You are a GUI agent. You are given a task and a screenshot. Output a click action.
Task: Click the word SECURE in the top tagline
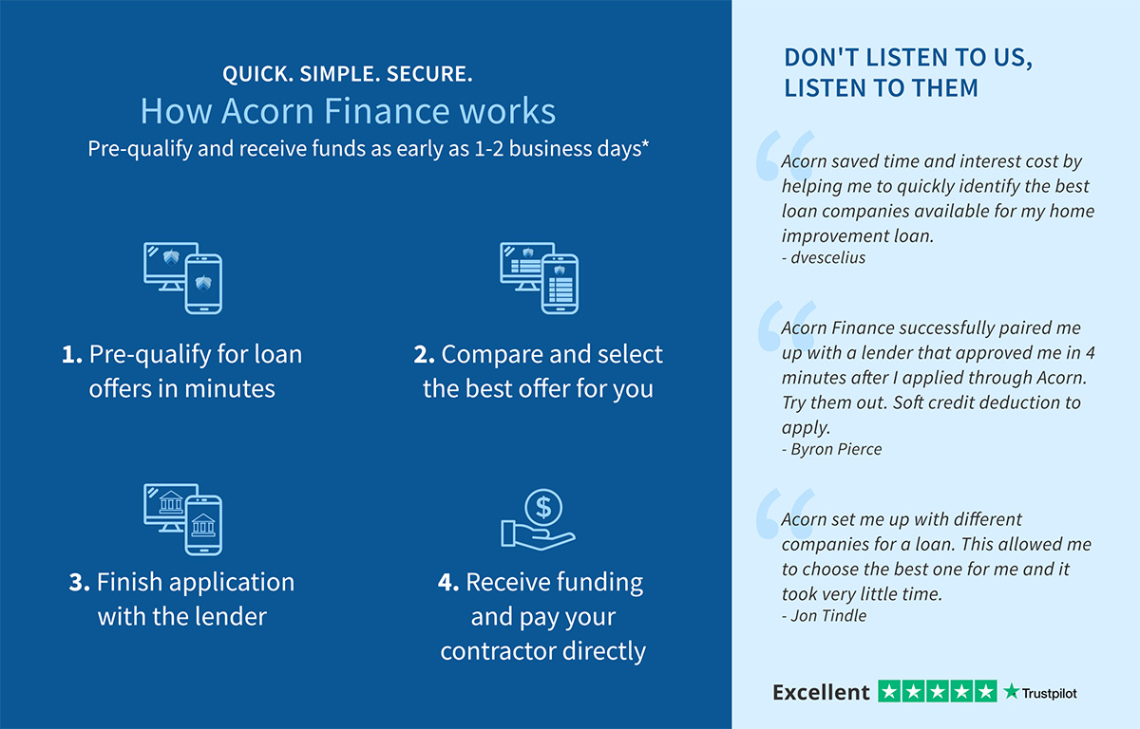[x=429, y=74]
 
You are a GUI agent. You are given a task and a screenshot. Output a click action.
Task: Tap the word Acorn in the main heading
[x=268, y=111]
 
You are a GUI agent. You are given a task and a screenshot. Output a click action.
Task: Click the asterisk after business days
[x=645, y=144]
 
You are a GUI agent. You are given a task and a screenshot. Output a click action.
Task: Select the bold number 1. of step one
[x=72, y=354]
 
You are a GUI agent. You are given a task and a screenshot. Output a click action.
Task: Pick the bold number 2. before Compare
[x=424, y=354]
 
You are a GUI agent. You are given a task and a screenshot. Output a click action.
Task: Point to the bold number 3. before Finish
[x=80, y=582]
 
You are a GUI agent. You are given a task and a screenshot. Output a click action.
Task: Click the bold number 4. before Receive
[x=448, y=582]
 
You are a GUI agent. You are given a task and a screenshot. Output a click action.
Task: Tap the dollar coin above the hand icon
[x=543, y=507]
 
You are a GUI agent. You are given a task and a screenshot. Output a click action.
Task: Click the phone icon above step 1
[x=203, y=284]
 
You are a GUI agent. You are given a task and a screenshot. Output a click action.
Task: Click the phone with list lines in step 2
[x=560, y=284]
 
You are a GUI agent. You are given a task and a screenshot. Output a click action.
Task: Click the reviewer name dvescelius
[x=828, y=258]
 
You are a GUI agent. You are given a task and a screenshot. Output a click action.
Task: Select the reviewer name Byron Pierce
[x=836, y=449]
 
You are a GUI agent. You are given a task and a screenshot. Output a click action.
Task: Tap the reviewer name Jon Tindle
[x=828, y=616]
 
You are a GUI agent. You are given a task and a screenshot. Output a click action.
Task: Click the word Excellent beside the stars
[x=821, y=692]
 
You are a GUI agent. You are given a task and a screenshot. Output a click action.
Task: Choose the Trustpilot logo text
[x=1049, y=694]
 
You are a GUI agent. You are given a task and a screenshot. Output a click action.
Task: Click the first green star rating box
[x=889, y=692]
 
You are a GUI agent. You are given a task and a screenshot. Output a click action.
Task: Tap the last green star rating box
[x=986, y=692]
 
